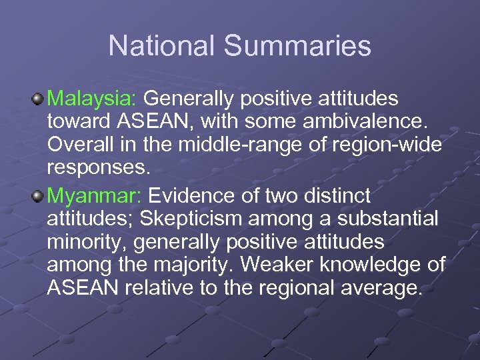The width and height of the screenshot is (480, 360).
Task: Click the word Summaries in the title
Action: click(297, 46)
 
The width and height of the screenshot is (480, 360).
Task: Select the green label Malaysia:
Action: click(92, 99)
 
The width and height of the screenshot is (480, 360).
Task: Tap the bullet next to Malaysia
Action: click(38, 99)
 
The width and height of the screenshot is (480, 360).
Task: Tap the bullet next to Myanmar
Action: click(38, 196)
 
